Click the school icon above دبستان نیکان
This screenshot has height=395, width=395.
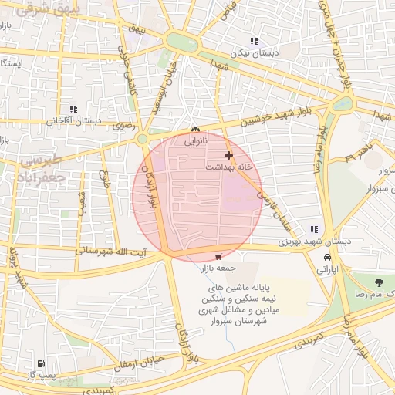(x=254, y=41)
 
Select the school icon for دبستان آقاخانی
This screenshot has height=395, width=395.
(x=73, y=109)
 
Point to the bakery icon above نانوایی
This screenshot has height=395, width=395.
(x=195, y=130)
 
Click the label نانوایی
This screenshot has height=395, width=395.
(x=196, y=142)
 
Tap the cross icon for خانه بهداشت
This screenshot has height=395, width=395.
(x=228, y=155)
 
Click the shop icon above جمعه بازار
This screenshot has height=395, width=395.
(x=219, y=257)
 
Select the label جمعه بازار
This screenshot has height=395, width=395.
(x=216, y=268)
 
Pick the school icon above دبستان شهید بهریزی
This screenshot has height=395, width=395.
(x=313, y=229)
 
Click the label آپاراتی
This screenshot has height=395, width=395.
(x=329, y=270)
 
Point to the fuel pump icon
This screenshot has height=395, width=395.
(x=40, y=363)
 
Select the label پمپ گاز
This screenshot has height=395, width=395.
(x=40, y=375)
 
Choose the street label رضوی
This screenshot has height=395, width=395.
(x=123, y=124)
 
